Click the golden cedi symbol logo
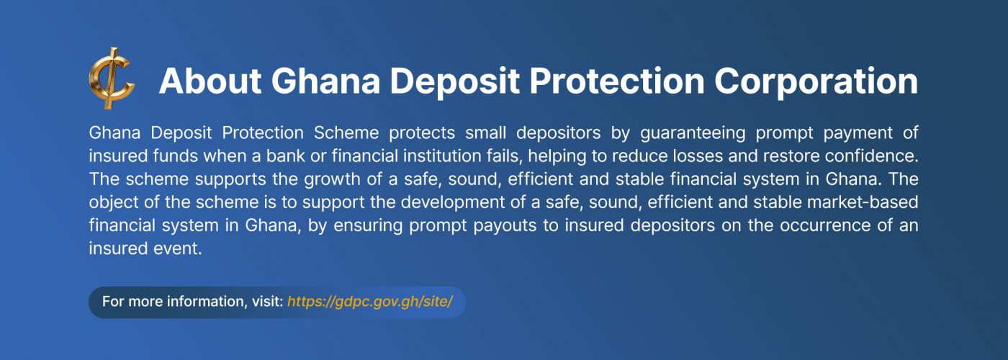point(111,78)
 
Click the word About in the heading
point(208,81)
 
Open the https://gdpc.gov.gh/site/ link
point(370,301)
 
